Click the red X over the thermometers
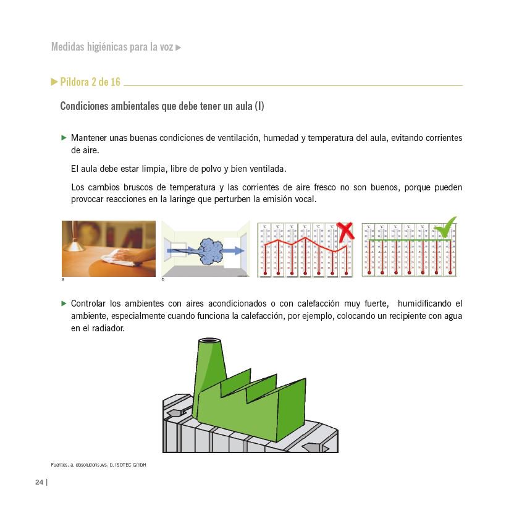pyautogui.click(x=345, y=231)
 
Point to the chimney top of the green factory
pyautogui.click(x=211, y=343)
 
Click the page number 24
pyautogui.click(x=39, y=482)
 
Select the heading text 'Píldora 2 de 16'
pyautogui.click(x=90, y=82)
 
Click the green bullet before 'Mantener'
pyautogui.click(x=64, y=137)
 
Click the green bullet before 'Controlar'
pyautogui.click(x=64, y=303)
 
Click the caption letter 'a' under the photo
pyautogui.click(x=63, y=280)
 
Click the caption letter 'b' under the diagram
pyautogui.click(x=163, y=280)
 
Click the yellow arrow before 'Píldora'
pyautogui.click(x=54, y=82)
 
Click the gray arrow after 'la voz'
pyautogui.click(x=179, y=48)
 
